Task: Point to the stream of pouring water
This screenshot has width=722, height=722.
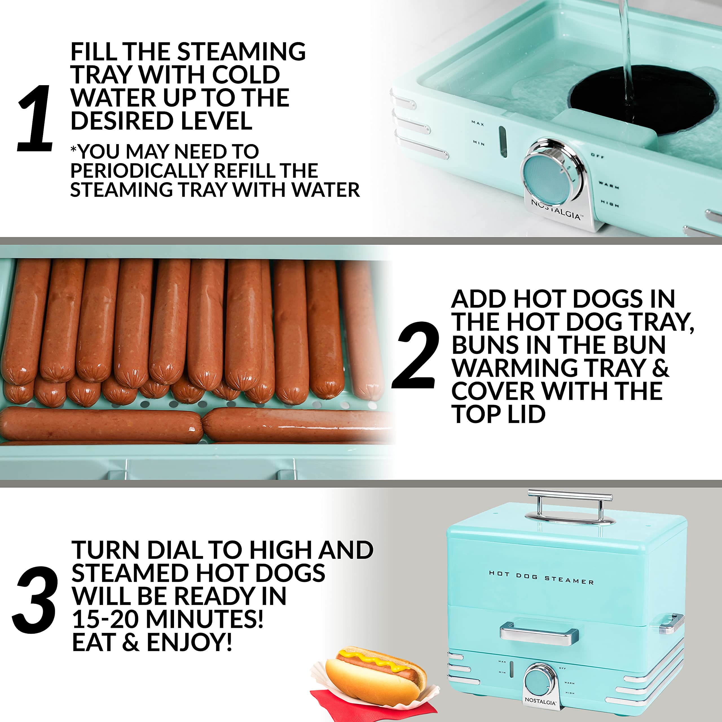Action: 628,56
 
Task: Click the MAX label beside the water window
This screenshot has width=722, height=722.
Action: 477,123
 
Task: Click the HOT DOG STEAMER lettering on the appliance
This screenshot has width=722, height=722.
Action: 541,577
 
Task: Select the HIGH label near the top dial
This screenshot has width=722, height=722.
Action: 610,204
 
